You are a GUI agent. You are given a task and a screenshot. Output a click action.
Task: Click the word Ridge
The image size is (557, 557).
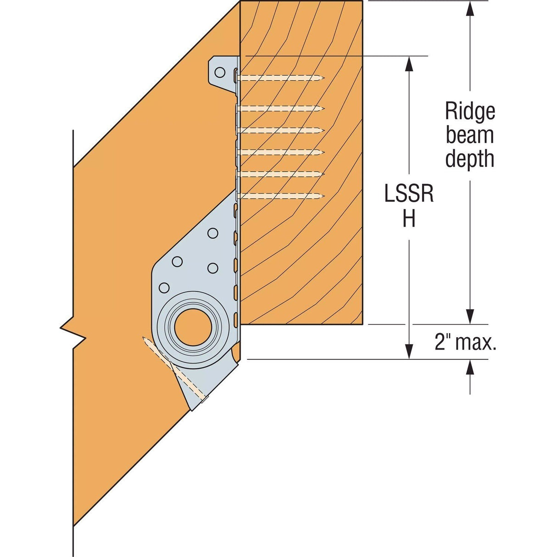coord(470,111)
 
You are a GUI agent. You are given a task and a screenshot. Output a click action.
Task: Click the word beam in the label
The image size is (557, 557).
coord(470,135)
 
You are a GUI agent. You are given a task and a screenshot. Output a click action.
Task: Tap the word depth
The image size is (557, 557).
coord(470,160)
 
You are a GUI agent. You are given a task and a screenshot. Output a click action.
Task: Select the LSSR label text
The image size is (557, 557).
coord(409,195)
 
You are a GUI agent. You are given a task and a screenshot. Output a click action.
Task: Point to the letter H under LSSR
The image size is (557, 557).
coord(409,219)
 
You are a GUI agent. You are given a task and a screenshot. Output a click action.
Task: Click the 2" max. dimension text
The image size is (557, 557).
coord(465,342)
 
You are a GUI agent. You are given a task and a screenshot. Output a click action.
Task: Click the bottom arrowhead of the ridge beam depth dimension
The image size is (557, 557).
coord(470,317)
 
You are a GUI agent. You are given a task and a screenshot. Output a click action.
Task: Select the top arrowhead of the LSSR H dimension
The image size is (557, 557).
coord(409,64)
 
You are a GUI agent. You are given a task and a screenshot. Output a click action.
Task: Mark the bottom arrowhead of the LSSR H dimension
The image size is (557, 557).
coord(409,351)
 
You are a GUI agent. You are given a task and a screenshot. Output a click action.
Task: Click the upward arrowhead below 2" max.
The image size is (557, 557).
coord(470,367)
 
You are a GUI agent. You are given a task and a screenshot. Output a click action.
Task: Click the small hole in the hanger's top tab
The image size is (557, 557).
coord(220,72)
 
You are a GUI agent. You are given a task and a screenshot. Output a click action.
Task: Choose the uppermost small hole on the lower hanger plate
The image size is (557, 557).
coord(212,233)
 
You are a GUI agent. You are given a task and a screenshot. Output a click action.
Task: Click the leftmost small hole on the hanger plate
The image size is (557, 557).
coord(163,288)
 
